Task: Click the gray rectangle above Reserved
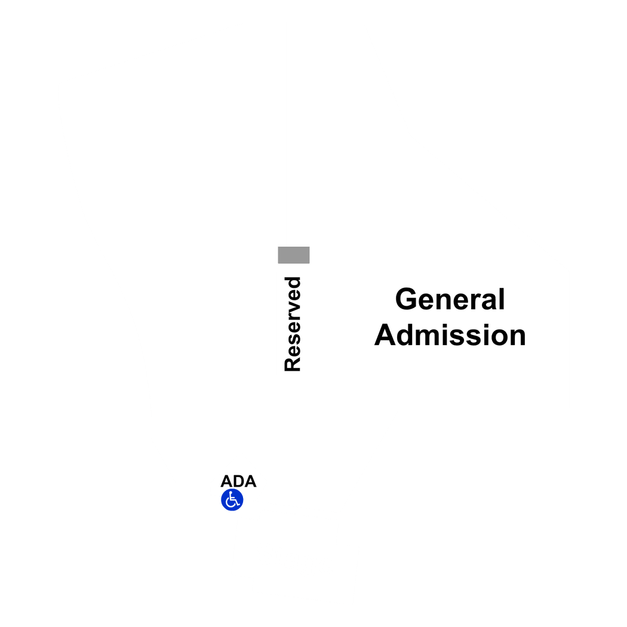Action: (294, 255)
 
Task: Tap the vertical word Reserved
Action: (293, 324)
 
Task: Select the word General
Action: (450, 299)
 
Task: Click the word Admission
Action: (450, 334)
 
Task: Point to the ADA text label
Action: (238, 481)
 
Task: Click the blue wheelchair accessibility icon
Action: (232, 500)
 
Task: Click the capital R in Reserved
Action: (293, 364)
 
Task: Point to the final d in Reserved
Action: (293, 284)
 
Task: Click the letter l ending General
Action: (502, 299)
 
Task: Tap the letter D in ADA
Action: (238, 481)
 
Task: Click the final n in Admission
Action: (517, 337)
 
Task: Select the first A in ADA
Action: (226, 481)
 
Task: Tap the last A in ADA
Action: (250, 481)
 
